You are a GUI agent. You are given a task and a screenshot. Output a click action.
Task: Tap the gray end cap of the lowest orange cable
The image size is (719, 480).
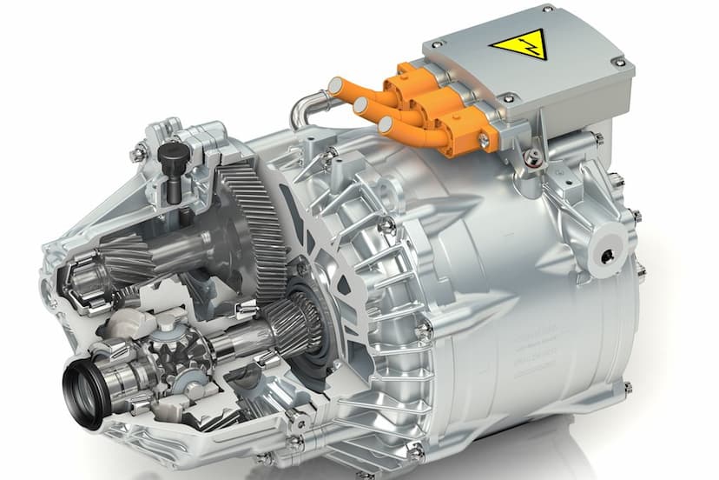coord(386,125)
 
